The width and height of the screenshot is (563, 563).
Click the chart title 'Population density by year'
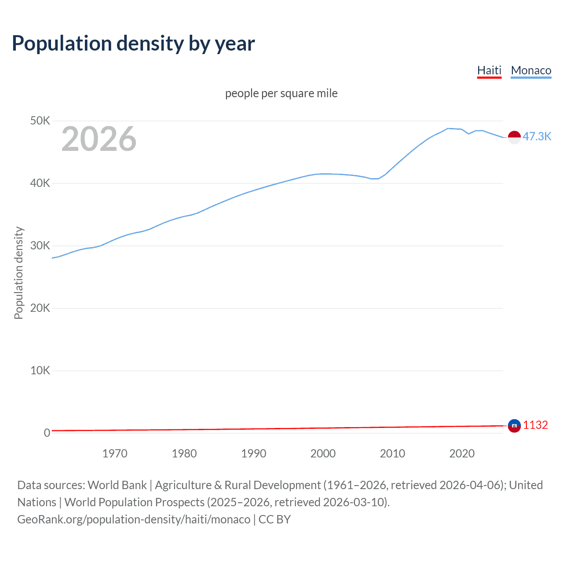pos(133,44)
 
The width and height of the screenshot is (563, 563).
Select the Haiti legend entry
pos(489,70)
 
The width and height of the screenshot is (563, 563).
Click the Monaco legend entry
pos(531,70)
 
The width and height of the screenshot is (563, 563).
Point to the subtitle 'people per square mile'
pos(281,93)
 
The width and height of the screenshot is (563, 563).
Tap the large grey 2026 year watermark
pos(99,139)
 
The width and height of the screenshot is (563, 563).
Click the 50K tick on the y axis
pos(40,121)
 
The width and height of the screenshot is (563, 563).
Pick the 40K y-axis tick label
pos(40,183)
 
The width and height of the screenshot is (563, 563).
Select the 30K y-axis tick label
pos(40,245)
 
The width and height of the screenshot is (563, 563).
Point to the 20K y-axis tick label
pos(40,308)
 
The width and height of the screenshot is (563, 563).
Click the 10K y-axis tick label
pos(40,370)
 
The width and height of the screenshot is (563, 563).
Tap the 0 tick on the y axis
pos(47,433)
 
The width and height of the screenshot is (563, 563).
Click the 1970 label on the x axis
pos(115,453)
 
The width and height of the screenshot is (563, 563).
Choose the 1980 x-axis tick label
pos(184,453)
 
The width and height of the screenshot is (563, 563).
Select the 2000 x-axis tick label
pos(323,453)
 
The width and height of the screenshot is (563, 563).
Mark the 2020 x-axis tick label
pos(462,453)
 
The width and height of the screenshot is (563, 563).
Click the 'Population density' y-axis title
pos(18,273)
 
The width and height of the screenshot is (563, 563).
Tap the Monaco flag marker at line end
pos(514,137)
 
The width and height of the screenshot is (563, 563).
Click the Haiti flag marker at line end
pos(514,426)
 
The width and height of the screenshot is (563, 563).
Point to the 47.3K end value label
pos(537,136)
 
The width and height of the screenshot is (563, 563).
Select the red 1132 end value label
pos(535,425)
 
